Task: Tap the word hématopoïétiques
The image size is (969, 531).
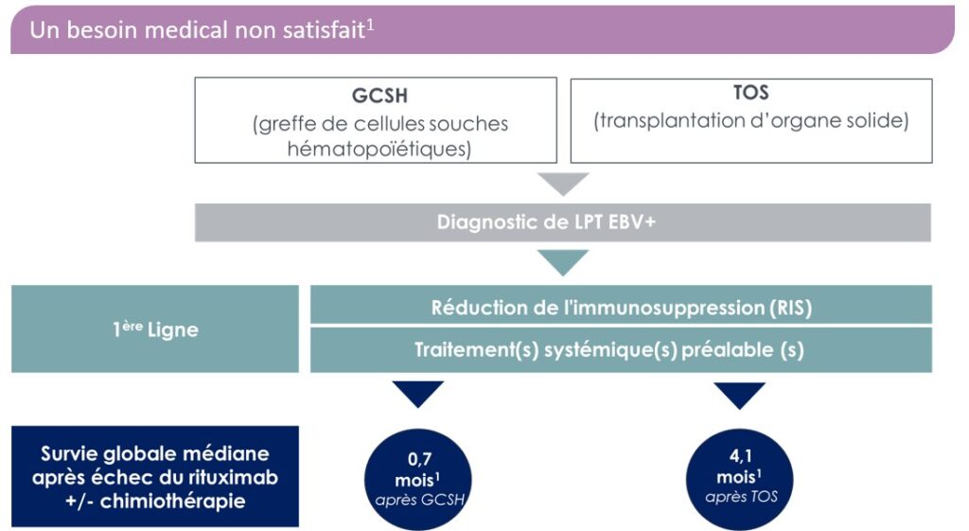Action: click(378, 150)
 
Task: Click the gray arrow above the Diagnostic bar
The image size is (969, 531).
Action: click(563, 184)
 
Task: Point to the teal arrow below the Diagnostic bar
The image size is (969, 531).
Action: click(563, 262)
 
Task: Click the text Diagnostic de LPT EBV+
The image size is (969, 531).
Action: click(563, 222)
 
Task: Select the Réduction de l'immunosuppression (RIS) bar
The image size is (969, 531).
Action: click(621, 307)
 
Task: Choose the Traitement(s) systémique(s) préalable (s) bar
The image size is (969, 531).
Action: click(621, 349)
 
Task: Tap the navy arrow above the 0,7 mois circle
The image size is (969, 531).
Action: click(416, 394)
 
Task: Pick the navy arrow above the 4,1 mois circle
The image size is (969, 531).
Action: click(741, 394)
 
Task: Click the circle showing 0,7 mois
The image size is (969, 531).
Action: click(417, 472)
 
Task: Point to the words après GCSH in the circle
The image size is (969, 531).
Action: click(417, 499)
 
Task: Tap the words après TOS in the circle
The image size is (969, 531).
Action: click(741, 496)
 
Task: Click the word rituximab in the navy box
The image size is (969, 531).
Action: click(230, 477)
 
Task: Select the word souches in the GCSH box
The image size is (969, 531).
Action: click(468, 124)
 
